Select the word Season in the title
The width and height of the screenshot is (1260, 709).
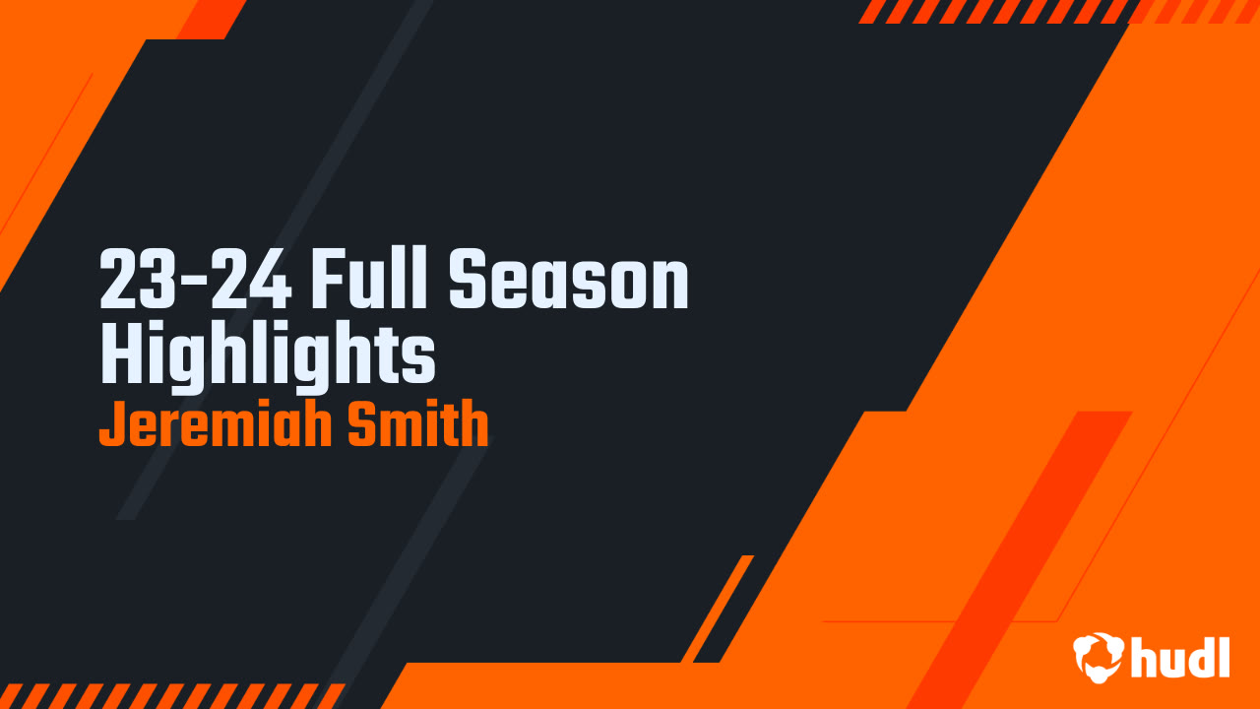pos(569,282)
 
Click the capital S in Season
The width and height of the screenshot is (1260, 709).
pos(470,282)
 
